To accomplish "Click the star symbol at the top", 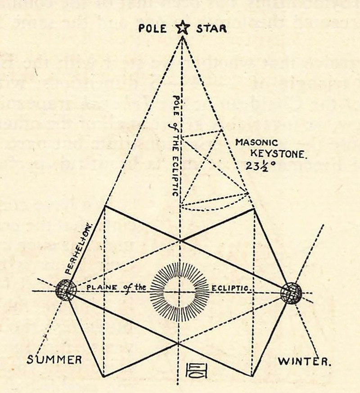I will click(181, 29).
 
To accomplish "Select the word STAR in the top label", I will click(211, 29).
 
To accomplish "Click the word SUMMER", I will click(54, 360).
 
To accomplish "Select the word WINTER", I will click(304, 361).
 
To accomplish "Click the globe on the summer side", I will click(66, 290).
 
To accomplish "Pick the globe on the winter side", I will click(291, 293).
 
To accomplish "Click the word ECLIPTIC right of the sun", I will click(231, 288).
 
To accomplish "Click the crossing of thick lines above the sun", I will click(180, 240).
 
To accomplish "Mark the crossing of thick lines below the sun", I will click(179, 343).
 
